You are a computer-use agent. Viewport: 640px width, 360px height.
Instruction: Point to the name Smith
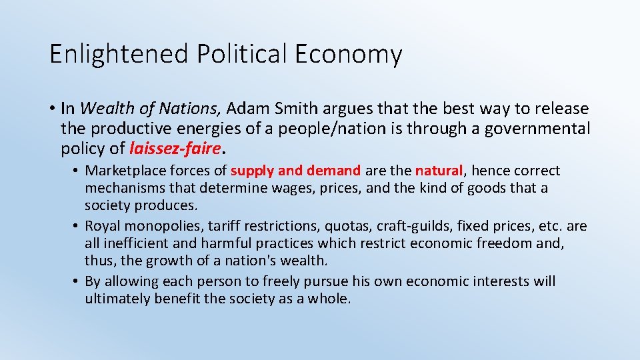tap(296, 108)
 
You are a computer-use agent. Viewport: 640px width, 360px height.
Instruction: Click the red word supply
tap(252, 171)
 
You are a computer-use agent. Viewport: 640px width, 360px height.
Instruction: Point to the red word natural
tap(437, 171)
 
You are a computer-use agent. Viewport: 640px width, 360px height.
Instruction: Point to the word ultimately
tap(117, 299)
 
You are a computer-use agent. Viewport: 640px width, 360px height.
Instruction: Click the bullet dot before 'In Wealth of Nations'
tap(51, 109)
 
